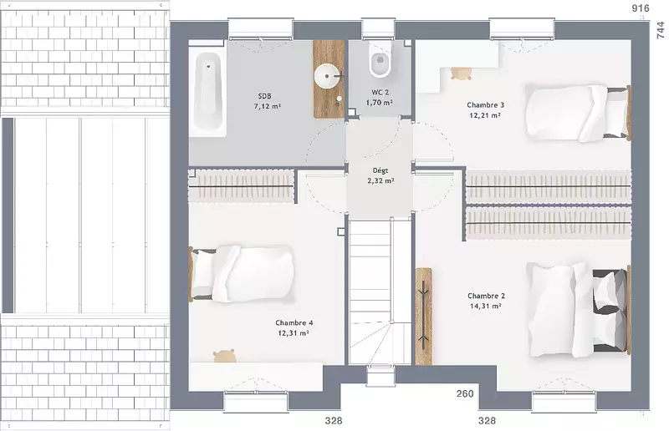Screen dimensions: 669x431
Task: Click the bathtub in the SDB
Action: click(207, 92)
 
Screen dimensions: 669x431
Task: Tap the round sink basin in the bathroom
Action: click(328, 76)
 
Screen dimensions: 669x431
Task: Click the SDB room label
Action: click(264, 96)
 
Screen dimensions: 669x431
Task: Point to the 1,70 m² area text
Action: click(380, 103)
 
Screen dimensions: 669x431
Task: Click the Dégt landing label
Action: click(380, 170)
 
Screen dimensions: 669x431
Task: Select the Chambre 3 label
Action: click(486, 105)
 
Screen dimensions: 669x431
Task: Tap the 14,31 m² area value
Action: click(486, 306)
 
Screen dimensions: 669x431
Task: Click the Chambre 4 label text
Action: click(294, 323)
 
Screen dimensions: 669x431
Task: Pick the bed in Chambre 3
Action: click(578, 113)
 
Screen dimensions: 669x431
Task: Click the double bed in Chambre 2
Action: click(579, 310)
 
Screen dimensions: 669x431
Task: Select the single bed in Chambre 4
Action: click(242, 273)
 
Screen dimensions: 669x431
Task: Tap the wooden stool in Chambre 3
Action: click(461, 74)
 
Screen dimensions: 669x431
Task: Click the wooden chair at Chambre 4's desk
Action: click(224, 356)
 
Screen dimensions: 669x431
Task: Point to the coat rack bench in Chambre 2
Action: click(424, 317)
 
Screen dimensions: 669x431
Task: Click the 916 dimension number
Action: click(641, 8)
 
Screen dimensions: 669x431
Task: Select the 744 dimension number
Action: click(660, 30)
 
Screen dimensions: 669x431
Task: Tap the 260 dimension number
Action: click(465, 394)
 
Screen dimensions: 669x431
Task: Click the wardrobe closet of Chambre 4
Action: click(242, 186)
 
